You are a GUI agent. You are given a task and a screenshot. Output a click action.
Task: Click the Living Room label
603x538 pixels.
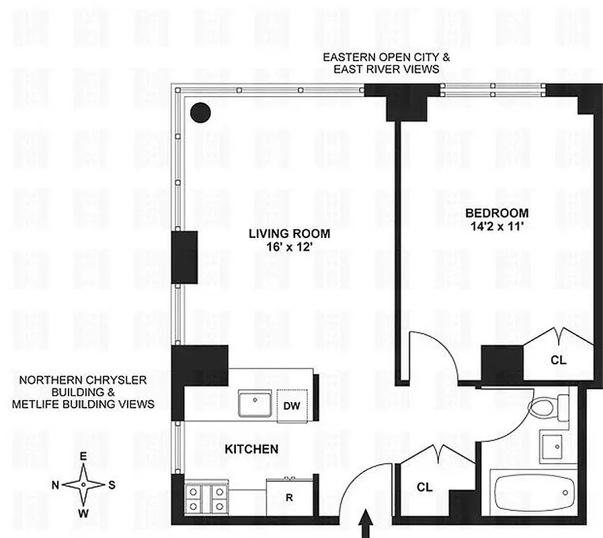tap(289, 234)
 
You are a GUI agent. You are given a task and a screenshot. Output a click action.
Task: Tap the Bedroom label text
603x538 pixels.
tap(497, 213)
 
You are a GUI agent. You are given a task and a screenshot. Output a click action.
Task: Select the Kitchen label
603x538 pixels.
tap(251, 449)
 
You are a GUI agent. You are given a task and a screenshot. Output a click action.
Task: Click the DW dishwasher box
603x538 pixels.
tap(292, 406)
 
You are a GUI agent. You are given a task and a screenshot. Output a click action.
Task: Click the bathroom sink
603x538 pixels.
tap(555, 445)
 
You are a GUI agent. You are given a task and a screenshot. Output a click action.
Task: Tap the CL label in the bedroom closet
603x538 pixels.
tap(558, 360)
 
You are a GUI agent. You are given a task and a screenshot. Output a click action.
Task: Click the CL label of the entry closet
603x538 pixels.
tap(424, 487)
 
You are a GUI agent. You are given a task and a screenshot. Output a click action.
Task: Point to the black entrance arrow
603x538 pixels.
tap(368, 525)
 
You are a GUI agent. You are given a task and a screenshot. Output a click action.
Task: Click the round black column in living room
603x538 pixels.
tap(200, 112)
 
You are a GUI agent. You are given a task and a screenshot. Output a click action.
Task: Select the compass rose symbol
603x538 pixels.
tap(83, 484)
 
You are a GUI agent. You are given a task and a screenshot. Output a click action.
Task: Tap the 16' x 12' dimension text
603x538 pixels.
tap(289, 247)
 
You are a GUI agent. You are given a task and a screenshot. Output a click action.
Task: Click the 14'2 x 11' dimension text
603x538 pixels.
tap(497, 226)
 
